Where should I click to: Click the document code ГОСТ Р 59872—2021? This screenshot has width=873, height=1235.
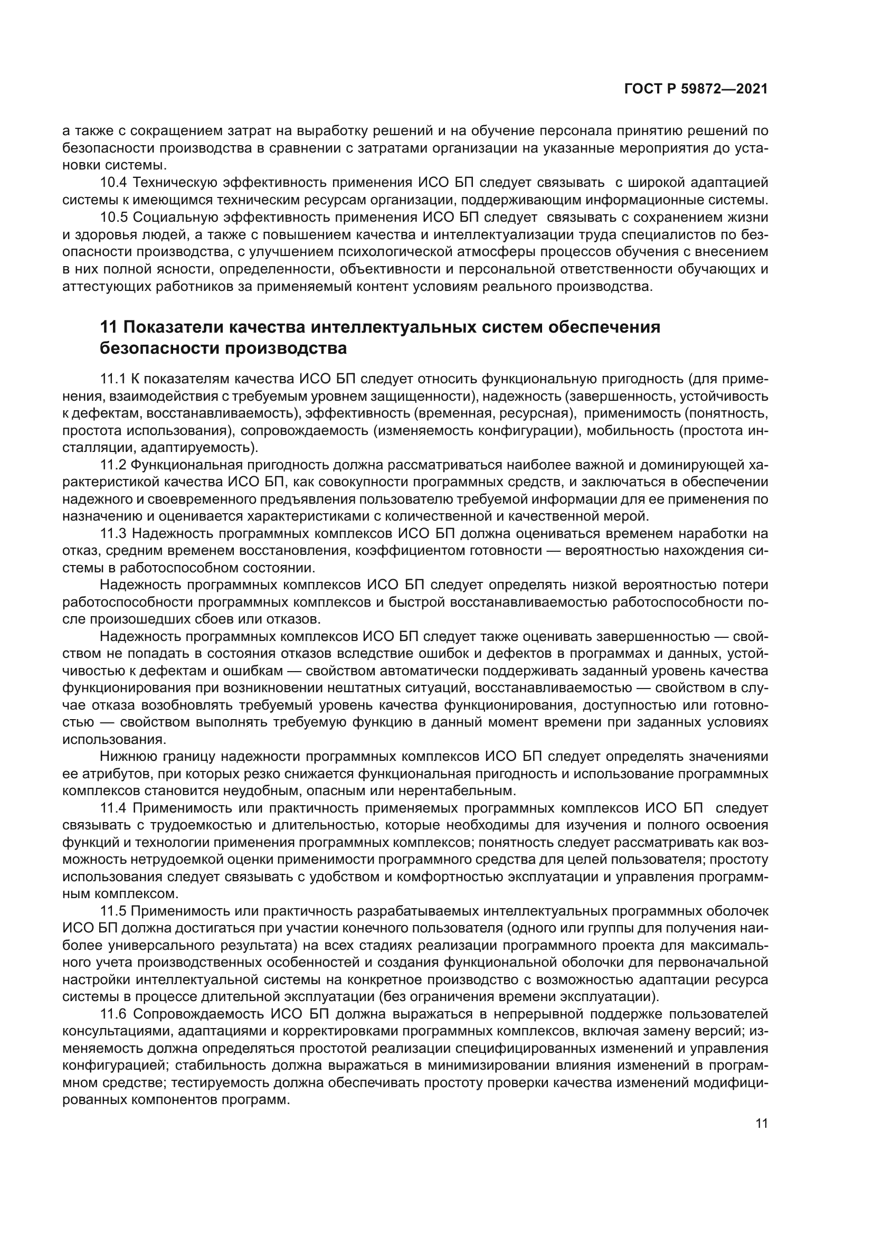(696, 89)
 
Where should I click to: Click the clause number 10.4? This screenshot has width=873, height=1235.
(114, 183)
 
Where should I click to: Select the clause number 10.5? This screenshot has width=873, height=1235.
(114, 218)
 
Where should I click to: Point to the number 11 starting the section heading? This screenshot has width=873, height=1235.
(109, 327)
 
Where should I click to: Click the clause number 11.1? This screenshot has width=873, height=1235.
(113, 379)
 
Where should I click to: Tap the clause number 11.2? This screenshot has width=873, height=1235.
(113, 465)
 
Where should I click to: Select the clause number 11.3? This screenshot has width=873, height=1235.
(113, 534)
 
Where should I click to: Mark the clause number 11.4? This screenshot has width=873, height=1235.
(114, 808)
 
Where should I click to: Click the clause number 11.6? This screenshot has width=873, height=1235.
(114, 1014)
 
